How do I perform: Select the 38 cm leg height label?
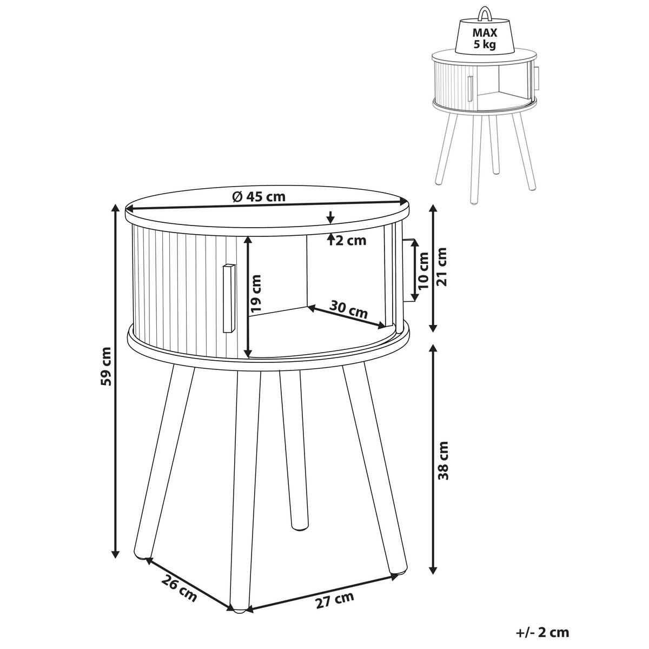coord(443,460)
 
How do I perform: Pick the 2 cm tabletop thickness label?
coord(350,241)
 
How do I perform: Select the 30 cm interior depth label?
coord(349,310)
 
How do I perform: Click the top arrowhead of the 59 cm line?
coord(115,209)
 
